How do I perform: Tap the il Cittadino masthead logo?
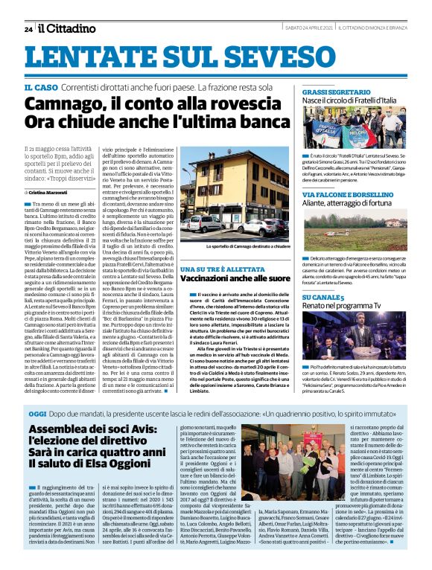click(x=67, y=28)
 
